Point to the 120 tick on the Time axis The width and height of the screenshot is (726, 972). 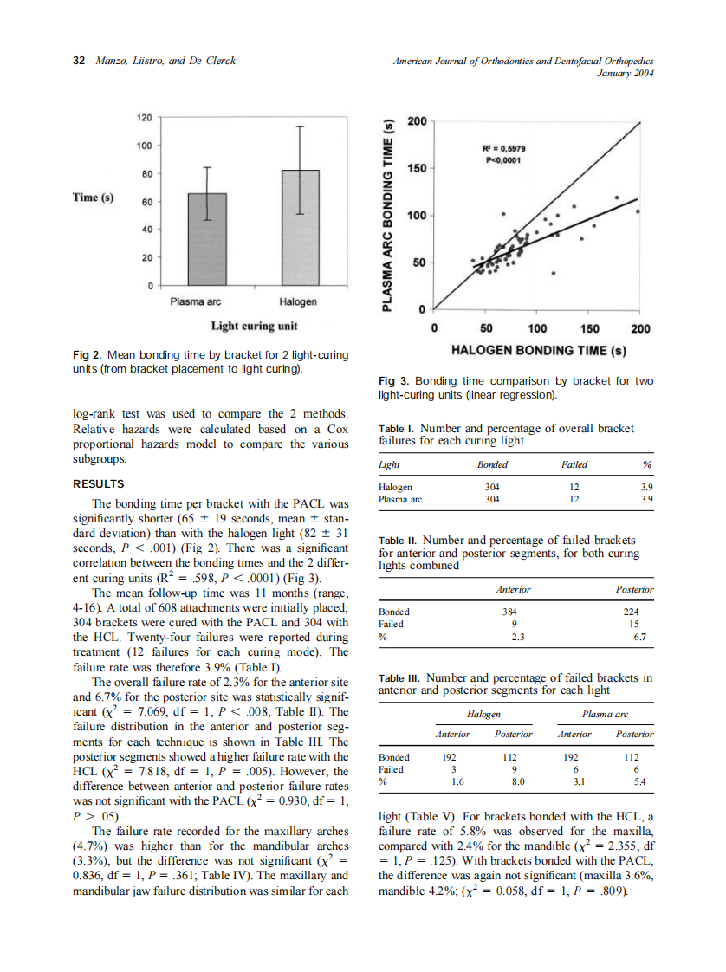145,117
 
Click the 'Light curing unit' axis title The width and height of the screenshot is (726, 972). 255,326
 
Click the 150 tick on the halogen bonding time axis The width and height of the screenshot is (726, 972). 589,329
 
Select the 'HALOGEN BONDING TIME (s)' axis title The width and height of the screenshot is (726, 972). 538,350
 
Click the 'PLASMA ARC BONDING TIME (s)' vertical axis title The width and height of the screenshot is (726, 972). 388,212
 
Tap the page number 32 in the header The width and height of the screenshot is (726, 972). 79,61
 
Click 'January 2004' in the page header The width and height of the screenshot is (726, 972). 626,74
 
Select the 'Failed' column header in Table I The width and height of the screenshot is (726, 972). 574,465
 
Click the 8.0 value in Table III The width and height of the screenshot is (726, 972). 513,781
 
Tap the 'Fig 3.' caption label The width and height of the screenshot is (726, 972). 394,381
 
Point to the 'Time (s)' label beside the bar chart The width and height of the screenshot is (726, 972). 94,198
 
